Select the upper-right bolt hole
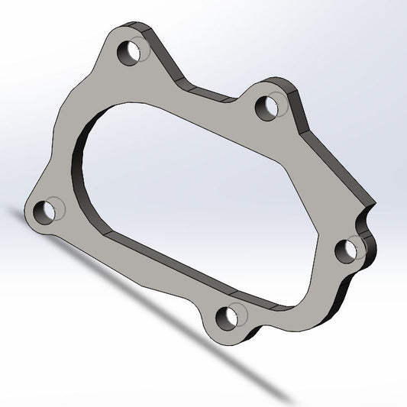click(265, 106)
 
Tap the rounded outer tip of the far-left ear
click(27, 217)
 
